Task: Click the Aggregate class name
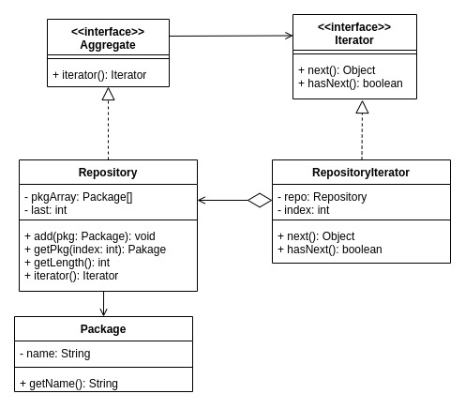point(108,45)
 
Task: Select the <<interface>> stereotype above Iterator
point(354,27)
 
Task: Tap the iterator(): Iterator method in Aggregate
point(99,74)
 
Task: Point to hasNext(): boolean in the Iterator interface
point(350,83)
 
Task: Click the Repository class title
point(108,173)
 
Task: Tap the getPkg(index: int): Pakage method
point(95,249)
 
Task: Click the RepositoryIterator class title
point(361,173)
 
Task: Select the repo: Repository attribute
point(322,197)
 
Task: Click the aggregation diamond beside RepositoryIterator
point(260,200)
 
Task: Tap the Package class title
point(103,329)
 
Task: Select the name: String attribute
point(56,354)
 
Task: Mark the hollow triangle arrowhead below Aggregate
point(108,94)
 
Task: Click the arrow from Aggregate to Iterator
point(231,36)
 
